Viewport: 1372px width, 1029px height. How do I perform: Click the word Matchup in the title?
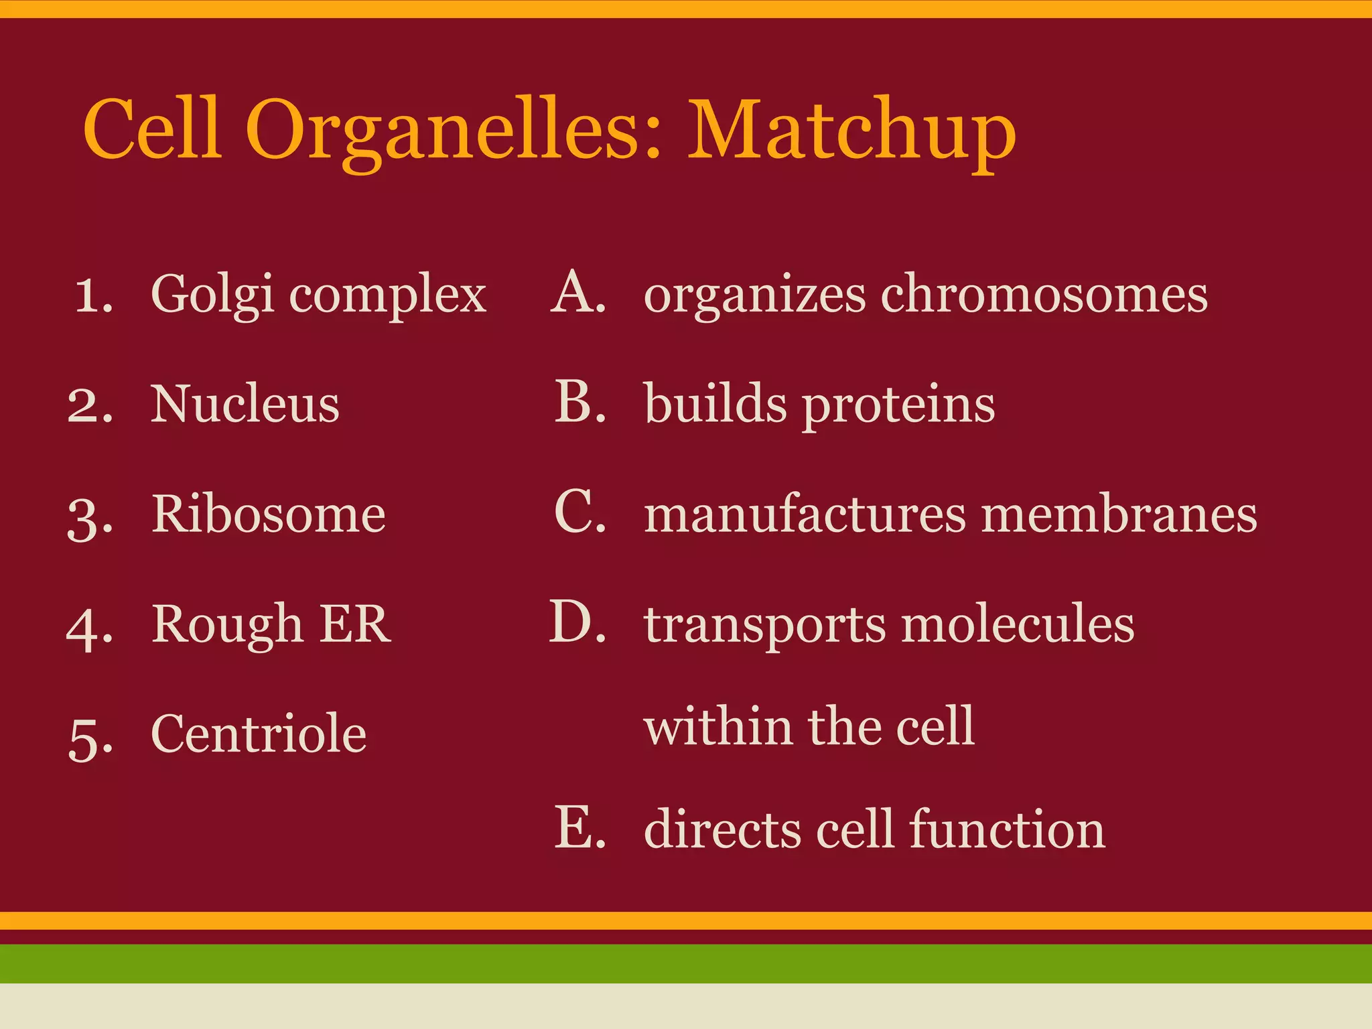851,131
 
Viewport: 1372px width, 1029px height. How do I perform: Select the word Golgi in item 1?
212,295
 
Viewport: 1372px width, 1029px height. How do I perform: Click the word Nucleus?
245,404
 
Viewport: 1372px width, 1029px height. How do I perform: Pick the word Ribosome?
268,514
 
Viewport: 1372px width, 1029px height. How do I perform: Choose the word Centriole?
259,734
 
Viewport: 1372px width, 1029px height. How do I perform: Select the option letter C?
579,512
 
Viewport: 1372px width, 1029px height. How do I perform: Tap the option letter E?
579,829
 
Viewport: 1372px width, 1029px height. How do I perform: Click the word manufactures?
805,514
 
